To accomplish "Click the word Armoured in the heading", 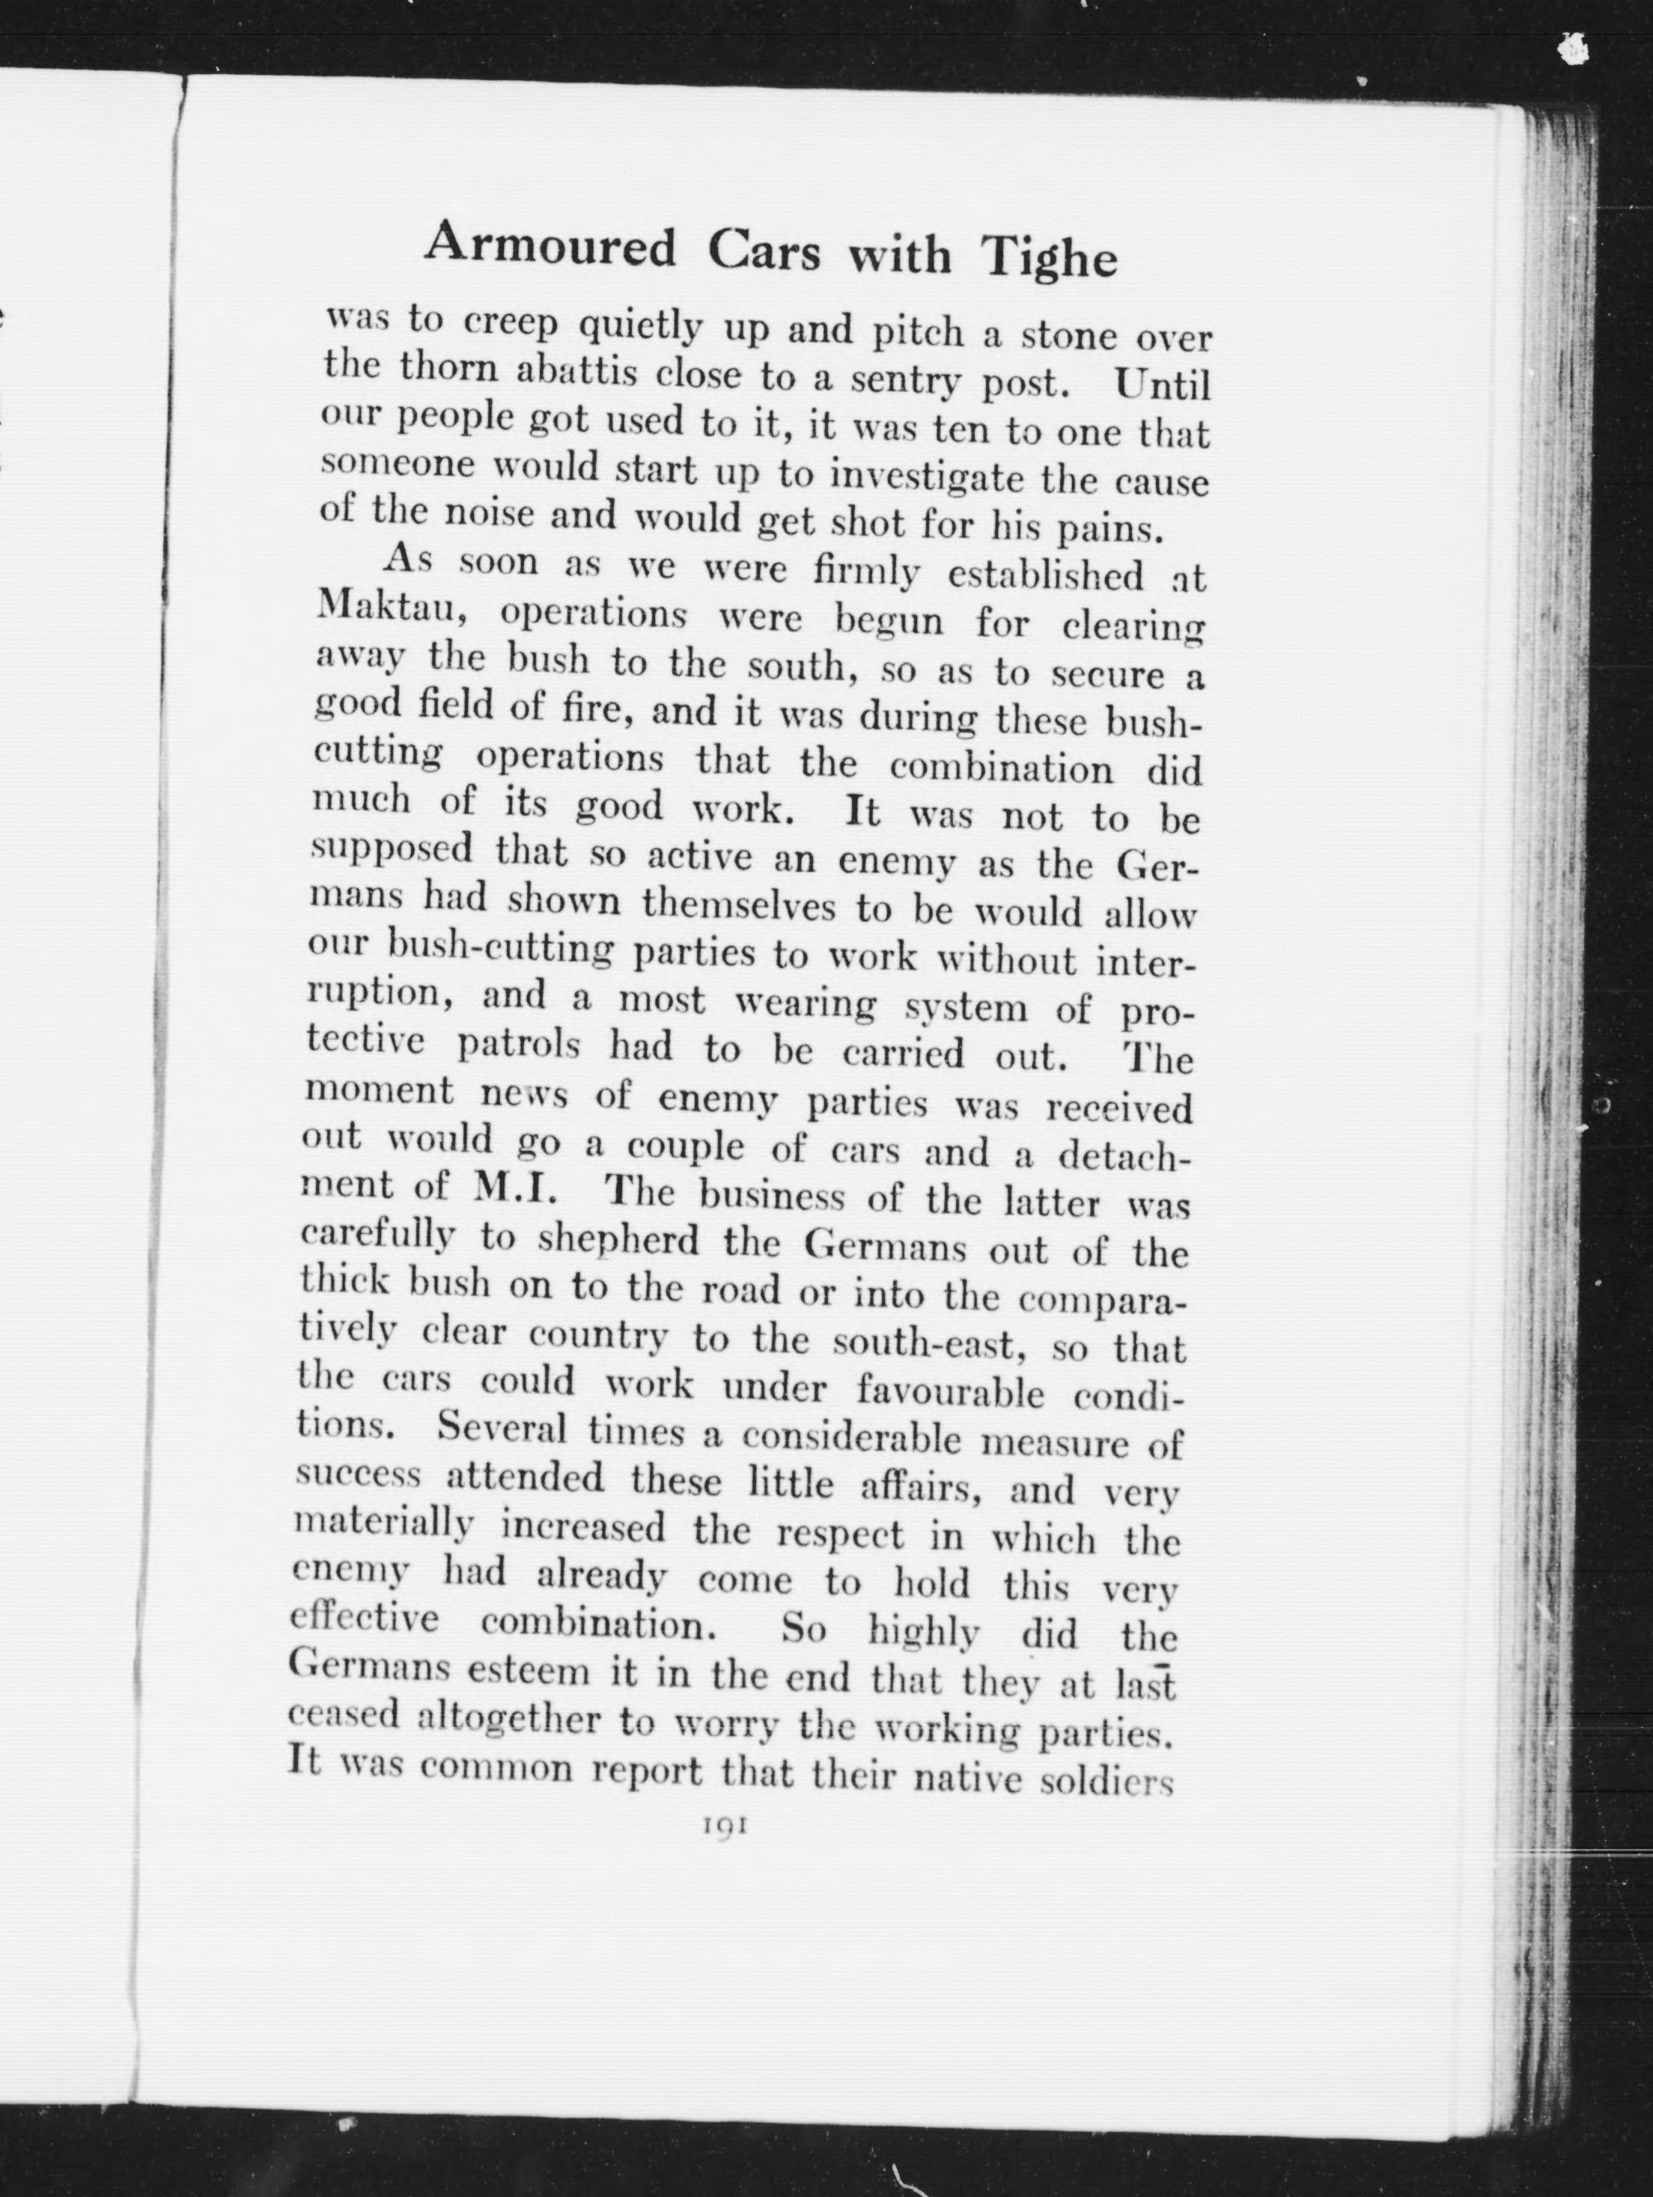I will [550, 246].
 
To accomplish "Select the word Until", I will [1161, 385].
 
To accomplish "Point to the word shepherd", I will [622, 1241].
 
